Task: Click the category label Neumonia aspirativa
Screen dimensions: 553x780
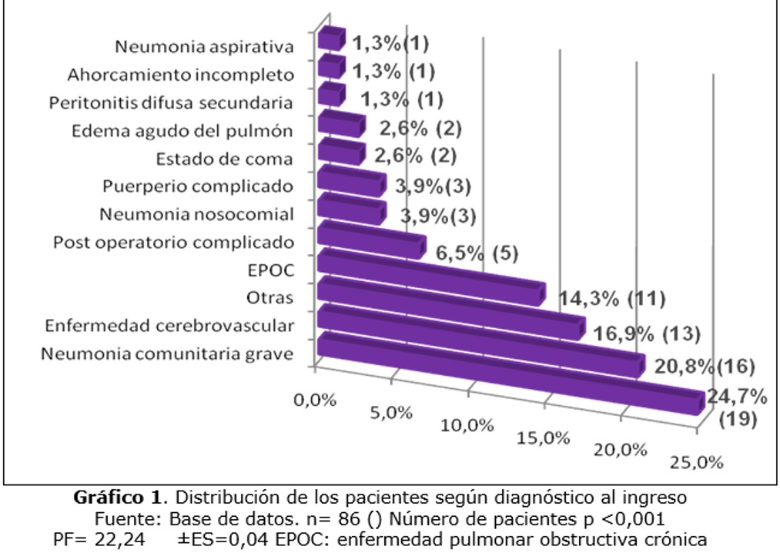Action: [x=204, y=47]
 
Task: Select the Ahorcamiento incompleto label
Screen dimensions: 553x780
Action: [x=180, y=75]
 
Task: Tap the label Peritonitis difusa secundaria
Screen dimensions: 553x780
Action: [x=170, y=102]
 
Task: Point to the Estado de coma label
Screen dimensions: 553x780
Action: [x=224, y=159]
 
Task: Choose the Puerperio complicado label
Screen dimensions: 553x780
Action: [x=198, y=186]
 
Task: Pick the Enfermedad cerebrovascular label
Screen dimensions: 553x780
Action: [x=169, y=326]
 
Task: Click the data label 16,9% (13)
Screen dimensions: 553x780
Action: [x=647, y=333]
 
